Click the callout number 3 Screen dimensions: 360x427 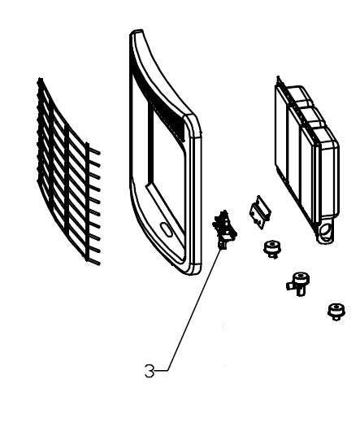point(149,371)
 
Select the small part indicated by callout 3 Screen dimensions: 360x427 point(224,229)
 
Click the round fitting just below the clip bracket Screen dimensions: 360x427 point(272,249)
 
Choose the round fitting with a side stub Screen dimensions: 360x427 point(298,283)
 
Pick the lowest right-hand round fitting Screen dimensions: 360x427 point(336,312)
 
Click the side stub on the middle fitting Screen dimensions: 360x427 point(289,286)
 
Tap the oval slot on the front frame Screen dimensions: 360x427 point(166,229)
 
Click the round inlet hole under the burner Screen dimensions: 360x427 point(325,233)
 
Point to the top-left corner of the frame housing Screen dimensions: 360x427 point(131,33)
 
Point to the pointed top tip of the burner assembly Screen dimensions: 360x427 point(278,77)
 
